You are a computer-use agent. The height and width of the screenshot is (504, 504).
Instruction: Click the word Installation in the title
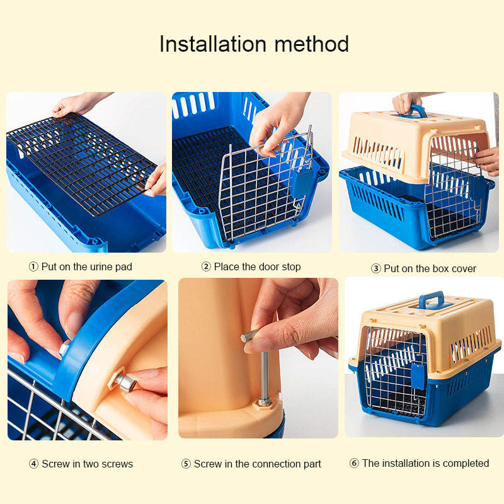tap(213, 43)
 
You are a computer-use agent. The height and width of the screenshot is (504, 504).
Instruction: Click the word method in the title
tap(311, 43)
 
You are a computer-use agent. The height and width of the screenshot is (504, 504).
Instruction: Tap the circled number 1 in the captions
tap(33, 266)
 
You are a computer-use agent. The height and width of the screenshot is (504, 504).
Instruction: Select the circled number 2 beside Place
tap(206, 266)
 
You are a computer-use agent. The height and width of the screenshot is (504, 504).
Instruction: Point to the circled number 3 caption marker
tap(375, 269)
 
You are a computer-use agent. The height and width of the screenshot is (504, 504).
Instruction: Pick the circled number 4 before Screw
tap(33, 464)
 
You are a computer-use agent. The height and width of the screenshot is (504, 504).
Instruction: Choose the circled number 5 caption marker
tap(186, 464)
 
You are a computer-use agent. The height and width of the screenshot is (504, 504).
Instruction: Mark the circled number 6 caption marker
tap(354, 463)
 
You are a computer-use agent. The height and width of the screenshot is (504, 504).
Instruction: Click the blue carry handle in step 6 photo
tap(431, 301)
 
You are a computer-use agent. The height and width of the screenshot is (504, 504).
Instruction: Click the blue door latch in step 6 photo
tap(418, 376)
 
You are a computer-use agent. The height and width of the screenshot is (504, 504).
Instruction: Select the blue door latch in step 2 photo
tap(302, 183)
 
